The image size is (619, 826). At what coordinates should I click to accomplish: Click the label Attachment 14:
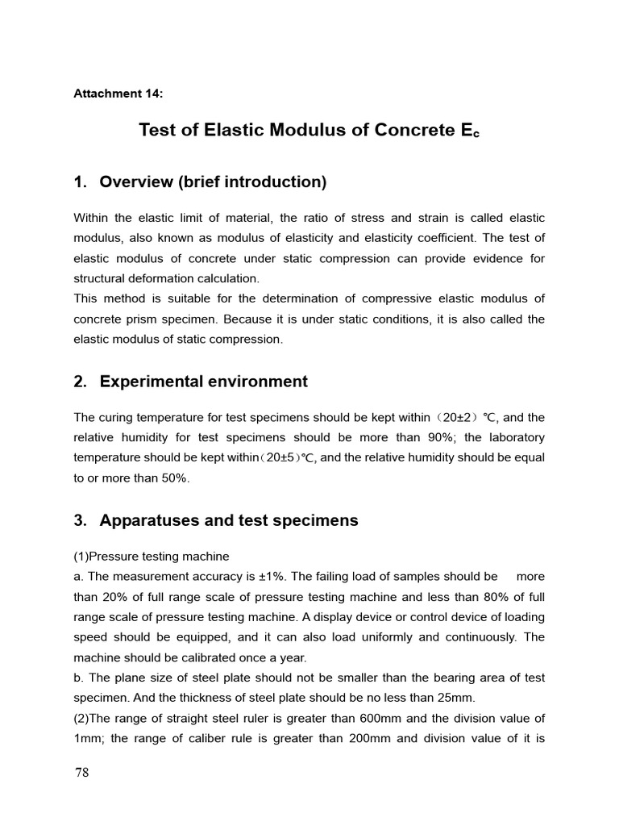pyautogui.click(x=118, y=93)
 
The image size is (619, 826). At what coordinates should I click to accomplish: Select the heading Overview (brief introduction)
pyautogui.click(x=213, y=182)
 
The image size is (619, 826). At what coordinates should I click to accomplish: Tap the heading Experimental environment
pyautogui.click(x=203, y=382)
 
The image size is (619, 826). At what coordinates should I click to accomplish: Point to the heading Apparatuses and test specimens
pyautogui.click(x=229, y=520)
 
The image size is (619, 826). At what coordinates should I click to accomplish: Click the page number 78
pyautogui.click(x=81, y=773)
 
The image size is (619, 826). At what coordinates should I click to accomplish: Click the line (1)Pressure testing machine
pyautogui.click(x=152, y=557)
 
